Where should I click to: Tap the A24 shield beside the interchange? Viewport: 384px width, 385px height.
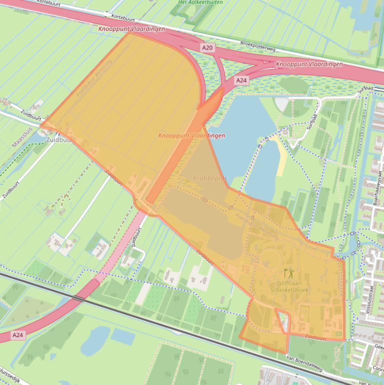242,80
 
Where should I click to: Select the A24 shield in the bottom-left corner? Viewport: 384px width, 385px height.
17,334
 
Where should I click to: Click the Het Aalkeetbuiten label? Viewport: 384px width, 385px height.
200,2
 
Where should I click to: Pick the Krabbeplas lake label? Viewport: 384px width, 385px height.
210,178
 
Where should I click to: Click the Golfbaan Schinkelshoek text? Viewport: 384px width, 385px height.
289,286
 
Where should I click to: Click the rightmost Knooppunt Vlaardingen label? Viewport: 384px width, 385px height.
310,64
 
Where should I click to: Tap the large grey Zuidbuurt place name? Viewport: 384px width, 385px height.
60,140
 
